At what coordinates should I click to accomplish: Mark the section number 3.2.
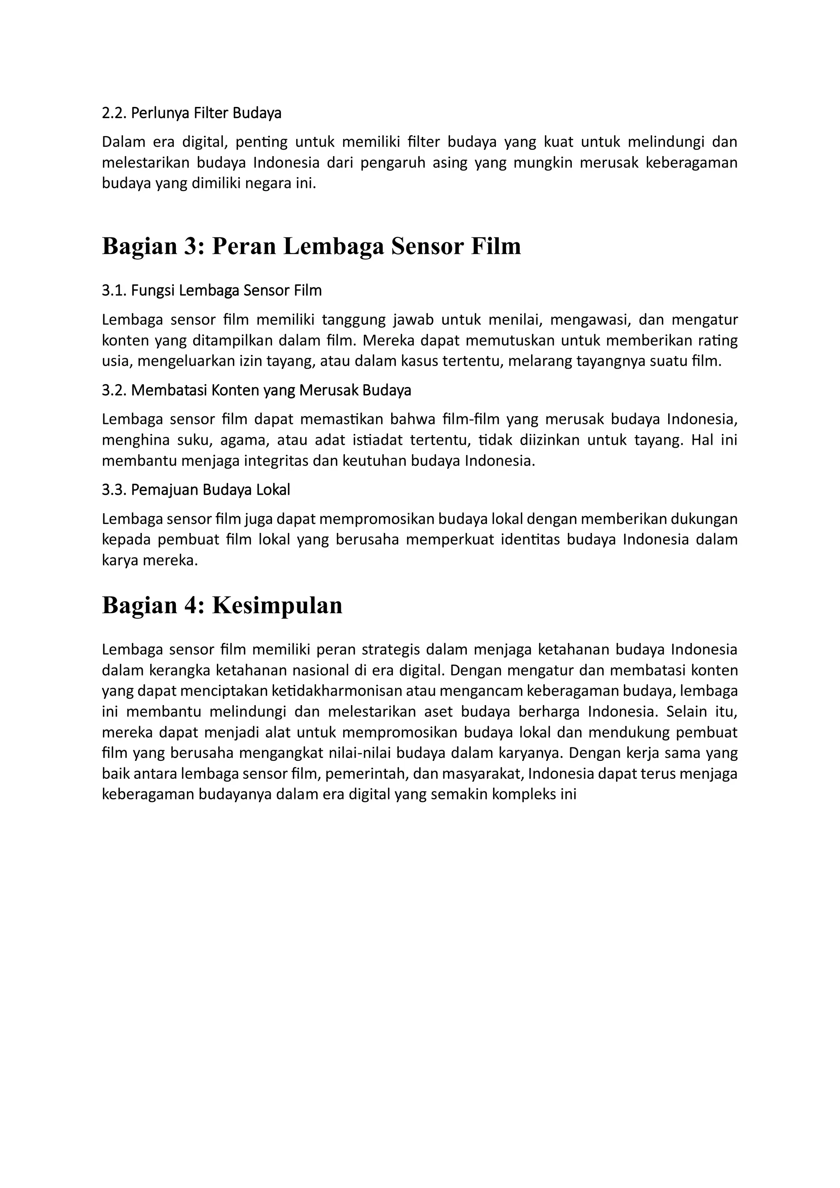click(114, 390)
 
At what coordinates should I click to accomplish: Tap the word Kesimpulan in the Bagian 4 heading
click(277, 605)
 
